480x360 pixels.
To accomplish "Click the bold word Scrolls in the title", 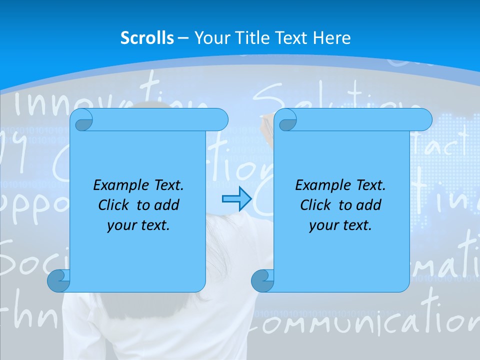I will click(x=147, y=38).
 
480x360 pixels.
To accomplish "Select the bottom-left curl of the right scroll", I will click(x=262, y=280).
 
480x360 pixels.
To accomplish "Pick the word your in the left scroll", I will click(x=120, y=225).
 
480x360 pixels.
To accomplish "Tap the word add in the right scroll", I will click(x=369, y=205).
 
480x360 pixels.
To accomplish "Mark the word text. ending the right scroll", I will click(x=358, y=225).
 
